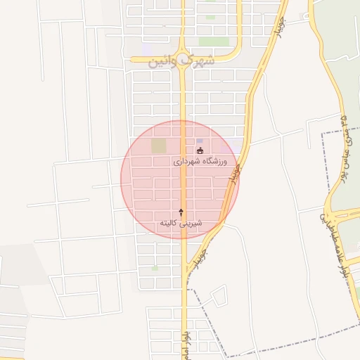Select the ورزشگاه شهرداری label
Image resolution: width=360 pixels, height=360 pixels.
click(x=200, y=161)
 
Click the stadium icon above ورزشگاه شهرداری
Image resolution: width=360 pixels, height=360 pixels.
click(x=200, y=150)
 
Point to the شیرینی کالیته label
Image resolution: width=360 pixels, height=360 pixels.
click(x=181, y=223)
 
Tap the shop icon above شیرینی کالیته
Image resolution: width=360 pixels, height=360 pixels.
click(x=181, y=212)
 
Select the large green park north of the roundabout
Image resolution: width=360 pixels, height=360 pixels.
click(x=214, y=41)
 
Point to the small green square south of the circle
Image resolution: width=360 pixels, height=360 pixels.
click(x=155, y=268)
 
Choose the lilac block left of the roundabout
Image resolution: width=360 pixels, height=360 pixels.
click(x=151, y=51)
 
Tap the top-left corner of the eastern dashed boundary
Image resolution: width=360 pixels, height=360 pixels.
click(x=322, y=131)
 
